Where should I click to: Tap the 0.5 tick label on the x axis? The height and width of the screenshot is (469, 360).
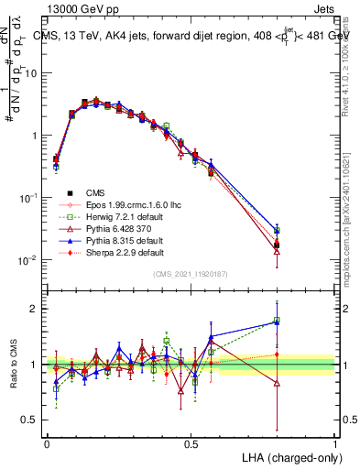pyautogui.click(x=191, y=442)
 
